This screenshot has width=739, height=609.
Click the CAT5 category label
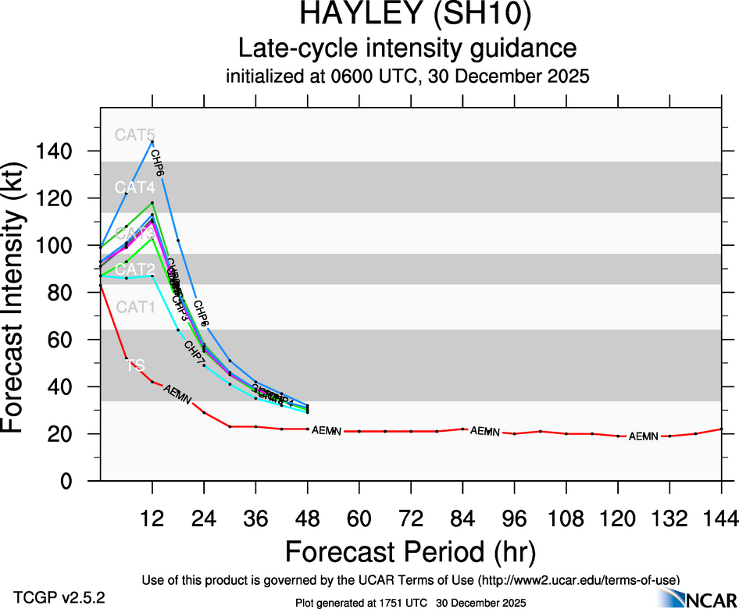pos(135,134)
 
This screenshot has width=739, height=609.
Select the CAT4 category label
pos(135,187)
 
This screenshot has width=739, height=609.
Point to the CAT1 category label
pos(135,307)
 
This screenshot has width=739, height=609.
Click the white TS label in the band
pos(136,365)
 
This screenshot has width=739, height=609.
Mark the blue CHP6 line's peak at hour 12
pos(152,141)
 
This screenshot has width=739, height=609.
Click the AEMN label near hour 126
pos(644,436)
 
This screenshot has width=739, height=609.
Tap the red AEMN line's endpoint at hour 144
pos(721,429)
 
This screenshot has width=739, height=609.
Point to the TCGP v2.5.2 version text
pos(59,597)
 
